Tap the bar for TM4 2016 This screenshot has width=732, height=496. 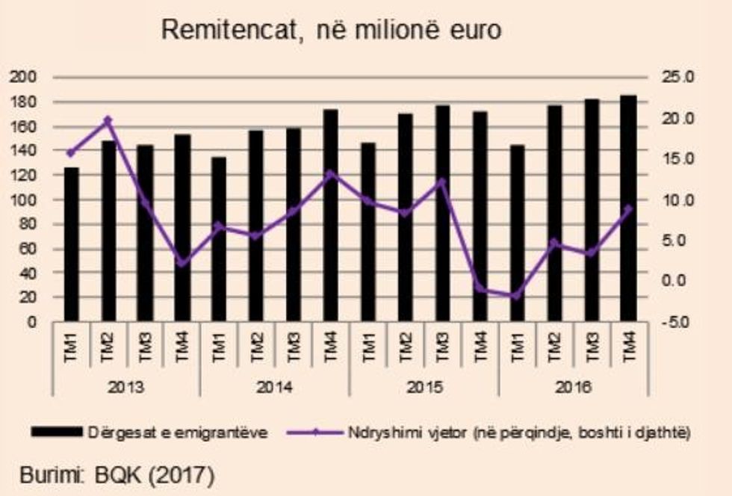(x=628, y=209)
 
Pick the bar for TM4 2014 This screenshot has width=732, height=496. (x=331, y=217)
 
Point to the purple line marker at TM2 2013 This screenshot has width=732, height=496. (x=108, y=120)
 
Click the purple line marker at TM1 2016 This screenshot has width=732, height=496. (x=517, y=297)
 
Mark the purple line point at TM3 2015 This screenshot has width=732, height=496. (x=442, y=182)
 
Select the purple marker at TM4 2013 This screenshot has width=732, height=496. (x=182, y=262)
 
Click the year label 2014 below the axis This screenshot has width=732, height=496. (x=274, y=388)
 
